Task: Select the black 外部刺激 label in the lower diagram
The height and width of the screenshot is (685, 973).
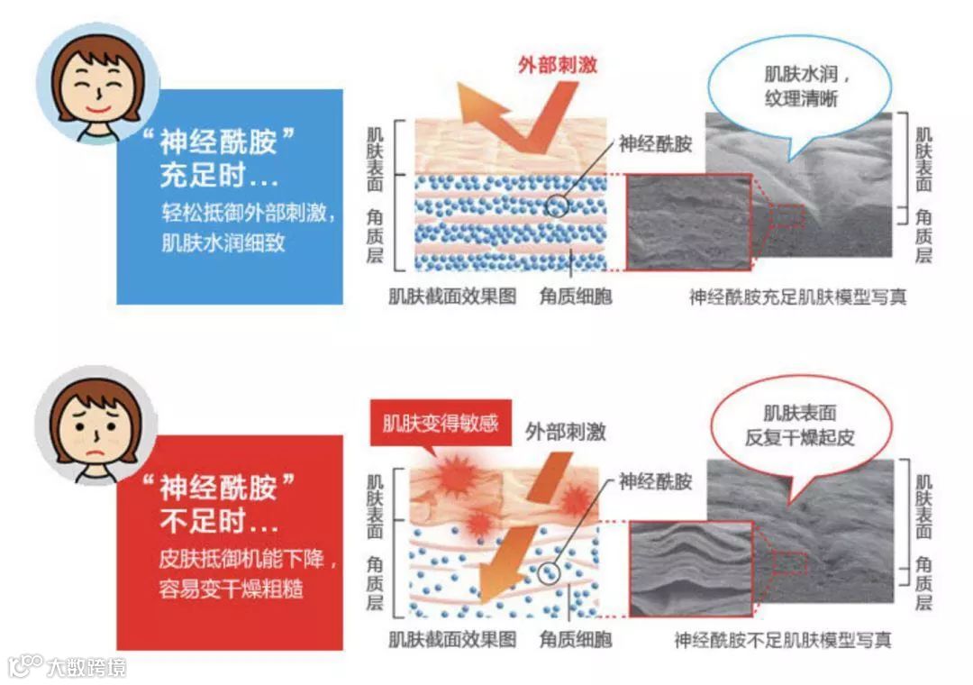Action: coord(566,432)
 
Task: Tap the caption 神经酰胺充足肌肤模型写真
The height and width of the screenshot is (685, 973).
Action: coord(797,297)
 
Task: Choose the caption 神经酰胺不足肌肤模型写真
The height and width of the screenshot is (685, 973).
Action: coord(783,641)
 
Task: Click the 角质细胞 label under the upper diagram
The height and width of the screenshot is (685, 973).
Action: coord(575,297)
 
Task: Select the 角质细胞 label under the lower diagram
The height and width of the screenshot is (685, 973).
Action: coord(575,641)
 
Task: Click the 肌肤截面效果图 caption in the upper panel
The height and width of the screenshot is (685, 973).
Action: coord(451,297)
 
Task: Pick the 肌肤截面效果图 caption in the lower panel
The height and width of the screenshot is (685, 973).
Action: coord(451,641)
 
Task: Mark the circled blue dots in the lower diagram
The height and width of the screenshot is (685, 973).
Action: coord(549,570)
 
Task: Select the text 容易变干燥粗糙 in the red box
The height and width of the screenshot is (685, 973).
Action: coord(231,589)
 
